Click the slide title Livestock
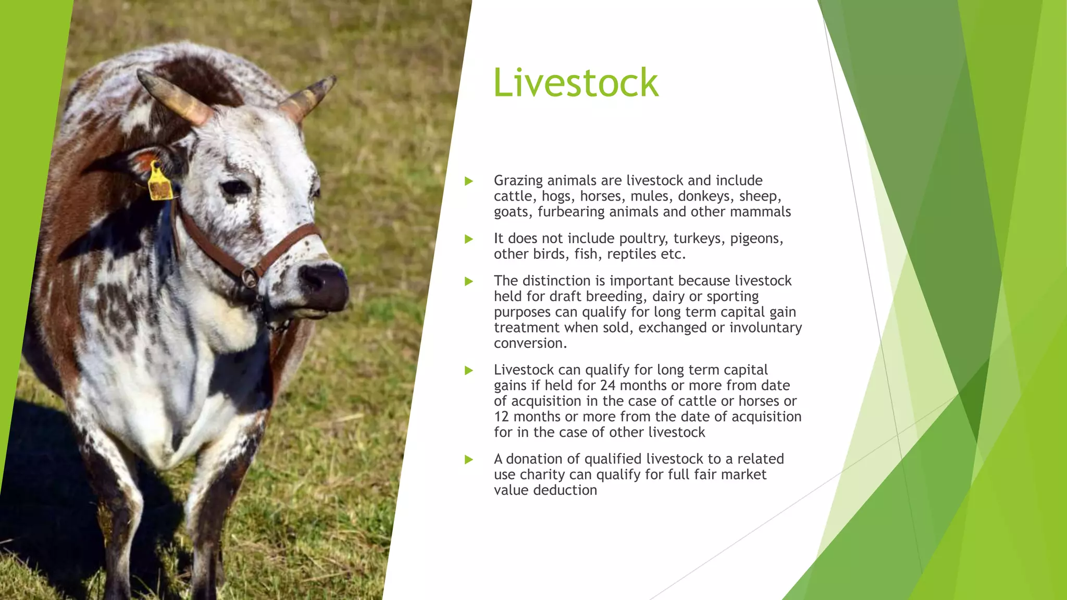[576, 83]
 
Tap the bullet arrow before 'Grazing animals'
[469, 181]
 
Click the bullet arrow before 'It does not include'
[469, 239]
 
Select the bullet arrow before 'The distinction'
[469, 281]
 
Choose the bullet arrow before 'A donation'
[469, 459]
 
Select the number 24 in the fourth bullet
[607, 385]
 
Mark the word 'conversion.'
[530, 343]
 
